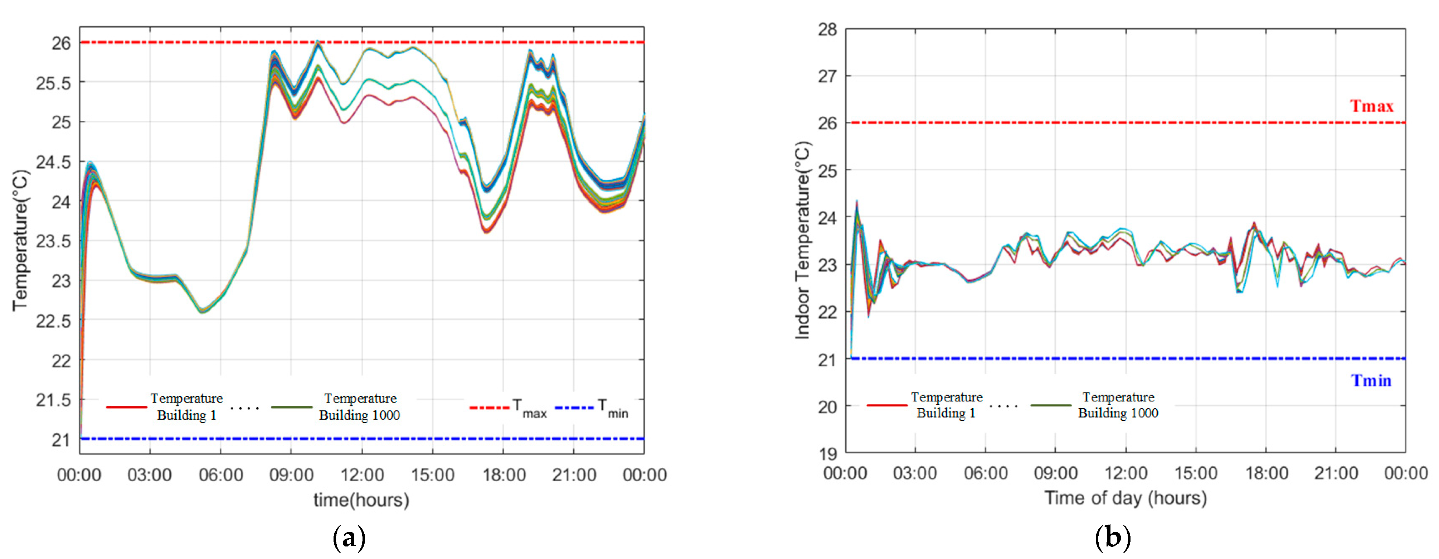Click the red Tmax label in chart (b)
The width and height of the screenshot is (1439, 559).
[x=1371, y=106]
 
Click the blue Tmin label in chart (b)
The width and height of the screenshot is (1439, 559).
[x=1371, y=381]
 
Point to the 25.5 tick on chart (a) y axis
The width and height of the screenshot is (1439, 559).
[x=54, y=83]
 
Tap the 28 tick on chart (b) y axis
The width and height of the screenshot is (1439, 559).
[x=827, y=30]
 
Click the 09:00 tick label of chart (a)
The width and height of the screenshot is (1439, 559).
[x=291, y=475]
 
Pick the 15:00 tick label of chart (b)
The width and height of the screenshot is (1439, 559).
[x=1195, y=473]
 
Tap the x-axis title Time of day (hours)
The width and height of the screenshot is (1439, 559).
[x=1126, y=497]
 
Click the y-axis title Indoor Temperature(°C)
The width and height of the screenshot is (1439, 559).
[x=802, y=240]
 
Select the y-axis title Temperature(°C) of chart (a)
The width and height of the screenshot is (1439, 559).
[x=20, y=240]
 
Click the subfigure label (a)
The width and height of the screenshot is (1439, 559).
[x=349, y=538]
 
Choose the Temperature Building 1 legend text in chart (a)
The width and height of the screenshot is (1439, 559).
[x=186, y=406]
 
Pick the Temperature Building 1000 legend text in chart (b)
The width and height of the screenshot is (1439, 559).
[x=1118, y=405]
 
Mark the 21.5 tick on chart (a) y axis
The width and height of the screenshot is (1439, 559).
[x=54, y=400]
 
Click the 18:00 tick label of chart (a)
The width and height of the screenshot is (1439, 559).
[x=504, y=475]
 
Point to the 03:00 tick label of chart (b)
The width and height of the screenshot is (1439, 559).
[x=915, y=473]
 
